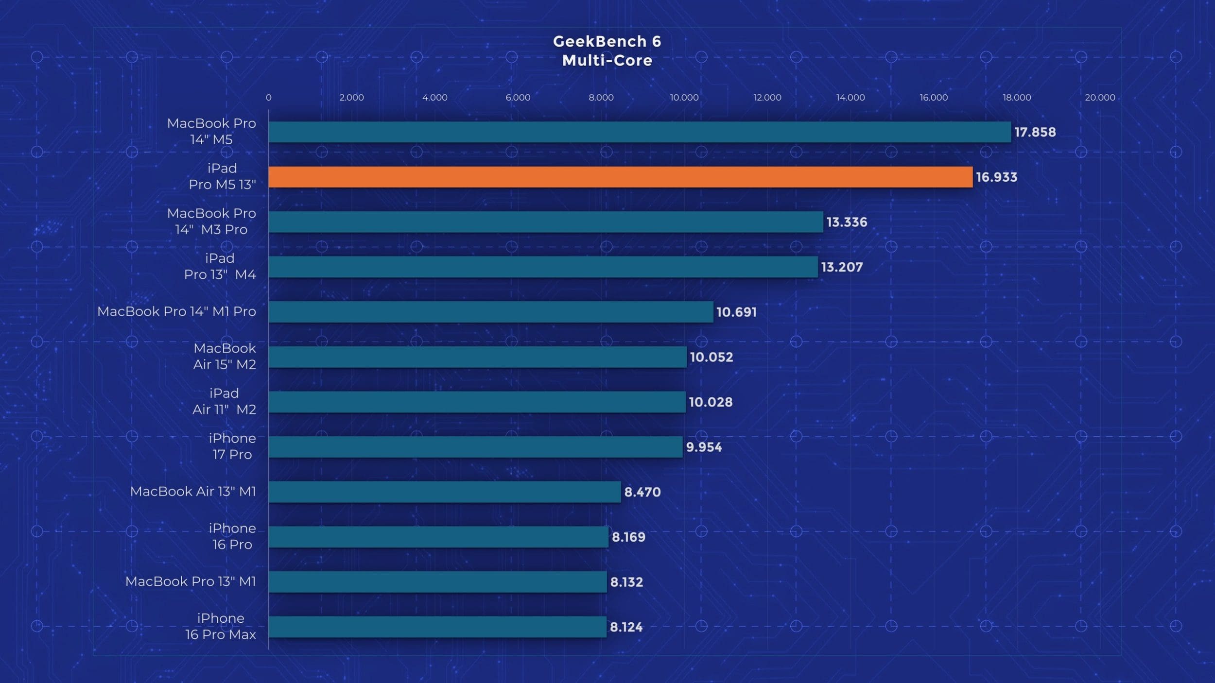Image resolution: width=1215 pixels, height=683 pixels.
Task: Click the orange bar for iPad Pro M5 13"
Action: point(621,177)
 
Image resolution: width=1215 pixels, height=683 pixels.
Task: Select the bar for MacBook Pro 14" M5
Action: point(640,132)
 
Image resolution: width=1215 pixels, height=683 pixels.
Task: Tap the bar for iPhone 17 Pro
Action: point(475,447)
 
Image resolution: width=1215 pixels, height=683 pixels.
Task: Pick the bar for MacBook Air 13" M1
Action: point(445,492)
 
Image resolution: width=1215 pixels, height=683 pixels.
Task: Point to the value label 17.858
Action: point(1035,132)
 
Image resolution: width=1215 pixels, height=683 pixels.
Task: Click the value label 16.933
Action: point(996,177)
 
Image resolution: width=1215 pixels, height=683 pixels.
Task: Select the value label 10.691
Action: point(736,312)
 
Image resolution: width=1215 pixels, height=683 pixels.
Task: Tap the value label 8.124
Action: point(626,627)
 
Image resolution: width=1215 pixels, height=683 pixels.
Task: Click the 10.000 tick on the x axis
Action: point(684,97)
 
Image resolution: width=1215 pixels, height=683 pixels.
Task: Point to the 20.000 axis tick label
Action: point(1100,97)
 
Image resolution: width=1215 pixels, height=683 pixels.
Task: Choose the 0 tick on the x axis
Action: point(268,97)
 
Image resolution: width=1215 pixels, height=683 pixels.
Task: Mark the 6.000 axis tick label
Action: point(518,97)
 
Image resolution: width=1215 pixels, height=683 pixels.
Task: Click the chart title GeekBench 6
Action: point(607,41)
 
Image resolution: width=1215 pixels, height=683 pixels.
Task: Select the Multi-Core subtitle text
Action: point(607,61)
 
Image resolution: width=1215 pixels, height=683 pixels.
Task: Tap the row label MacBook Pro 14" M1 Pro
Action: point(176,311)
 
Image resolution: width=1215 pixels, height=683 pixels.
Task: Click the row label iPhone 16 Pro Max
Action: point(220,626)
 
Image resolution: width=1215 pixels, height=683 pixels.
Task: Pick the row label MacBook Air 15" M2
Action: point(225,356)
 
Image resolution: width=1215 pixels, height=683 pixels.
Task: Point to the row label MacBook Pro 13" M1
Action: point(191,581)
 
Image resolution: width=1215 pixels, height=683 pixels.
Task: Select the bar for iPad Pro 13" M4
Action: point(543,267)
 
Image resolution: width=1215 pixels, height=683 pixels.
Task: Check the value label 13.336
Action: point(847,222)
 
